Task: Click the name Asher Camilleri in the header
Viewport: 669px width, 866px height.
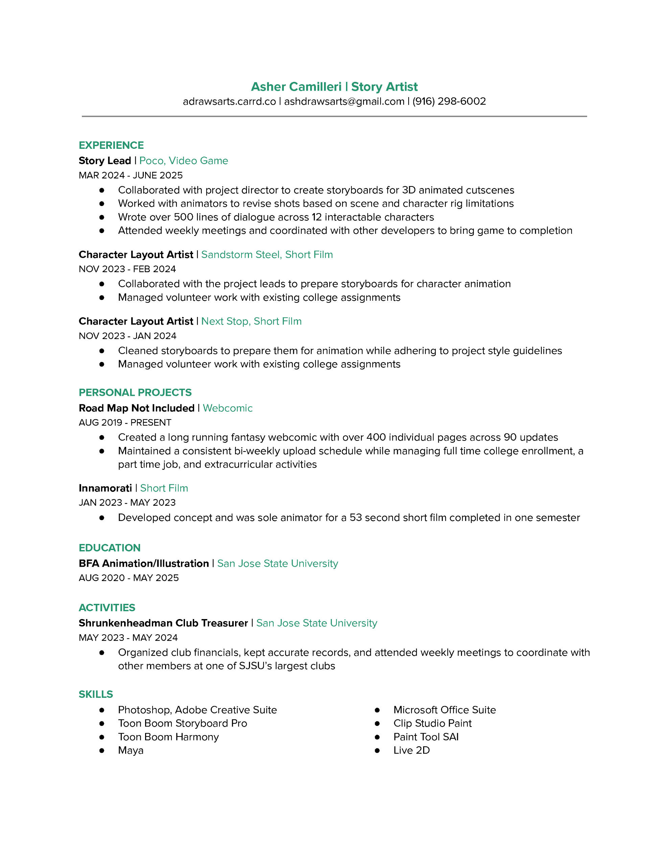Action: click(x=296, y=87)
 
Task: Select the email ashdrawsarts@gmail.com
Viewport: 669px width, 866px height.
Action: click(x=344, y=101)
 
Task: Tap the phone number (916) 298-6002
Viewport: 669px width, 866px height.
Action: click(x=449, y=101)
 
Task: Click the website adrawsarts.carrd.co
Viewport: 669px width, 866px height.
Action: click(x=229, y=101)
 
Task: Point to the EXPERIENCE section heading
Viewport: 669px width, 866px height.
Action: click(x=111, y=145)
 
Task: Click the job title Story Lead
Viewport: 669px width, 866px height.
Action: click(x=105, y=161)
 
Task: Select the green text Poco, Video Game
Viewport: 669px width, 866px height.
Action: click(x=184, y=161)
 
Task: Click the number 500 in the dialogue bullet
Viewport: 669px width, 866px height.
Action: click(x=183, y=217)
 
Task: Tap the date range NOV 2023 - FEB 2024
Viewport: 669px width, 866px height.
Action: click(x=127, y=269)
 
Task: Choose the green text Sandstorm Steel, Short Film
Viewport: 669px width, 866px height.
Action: click(x=267, y=255)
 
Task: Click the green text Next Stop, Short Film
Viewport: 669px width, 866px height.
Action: click(x=251, y=321)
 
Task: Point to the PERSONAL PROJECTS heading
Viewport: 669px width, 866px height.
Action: click(x=135, y=392)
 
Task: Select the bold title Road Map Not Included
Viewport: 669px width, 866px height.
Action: click(x=136, y=408)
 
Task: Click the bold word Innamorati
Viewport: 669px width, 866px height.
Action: click(x=105, y=488)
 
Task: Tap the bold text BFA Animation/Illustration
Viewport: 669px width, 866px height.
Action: click(x=143, y=564)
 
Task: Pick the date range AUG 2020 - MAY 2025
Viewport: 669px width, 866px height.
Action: click(x=129, y=578)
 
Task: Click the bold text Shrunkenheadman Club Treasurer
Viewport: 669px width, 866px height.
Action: click(x=163, y=623)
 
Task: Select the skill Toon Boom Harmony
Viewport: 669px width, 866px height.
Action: click(x=168, y=737)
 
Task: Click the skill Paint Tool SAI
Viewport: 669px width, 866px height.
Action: click(x=426, y=737)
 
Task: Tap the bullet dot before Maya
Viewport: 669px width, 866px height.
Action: click(x=102, y=750)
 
